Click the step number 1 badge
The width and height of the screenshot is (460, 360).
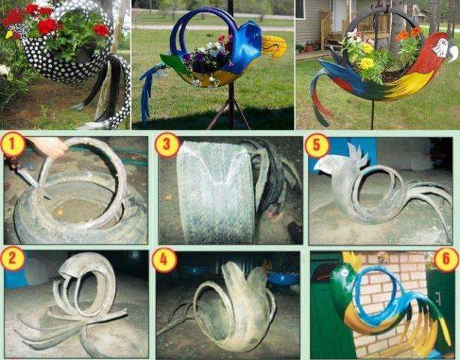click(12, 145)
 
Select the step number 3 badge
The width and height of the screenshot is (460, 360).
click(167, 145)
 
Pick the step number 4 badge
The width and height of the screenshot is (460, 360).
click(164, 259)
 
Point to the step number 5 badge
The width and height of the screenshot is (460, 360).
click(316, 145)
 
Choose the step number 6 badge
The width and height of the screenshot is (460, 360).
click(446, 259)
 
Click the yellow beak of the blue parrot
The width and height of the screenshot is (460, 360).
click(273, 46)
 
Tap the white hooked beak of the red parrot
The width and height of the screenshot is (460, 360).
click(452, 52)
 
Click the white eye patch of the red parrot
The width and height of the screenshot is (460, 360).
click(440, 48)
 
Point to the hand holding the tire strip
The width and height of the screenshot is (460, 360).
click(50, 146)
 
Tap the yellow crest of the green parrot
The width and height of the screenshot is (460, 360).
click(351, 259)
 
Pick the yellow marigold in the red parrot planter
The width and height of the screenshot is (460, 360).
click(366, 63)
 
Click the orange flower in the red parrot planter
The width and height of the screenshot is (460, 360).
click(402, 35)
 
